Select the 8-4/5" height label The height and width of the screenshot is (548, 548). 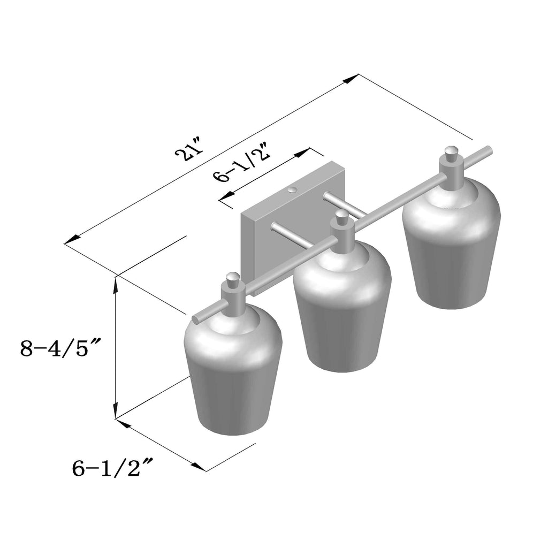coord(60,348)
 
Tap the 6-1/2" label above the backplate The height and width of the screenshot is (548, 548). coord(242,162)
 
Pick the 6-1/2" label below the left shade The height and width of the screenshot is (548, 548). coord(112,468)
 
